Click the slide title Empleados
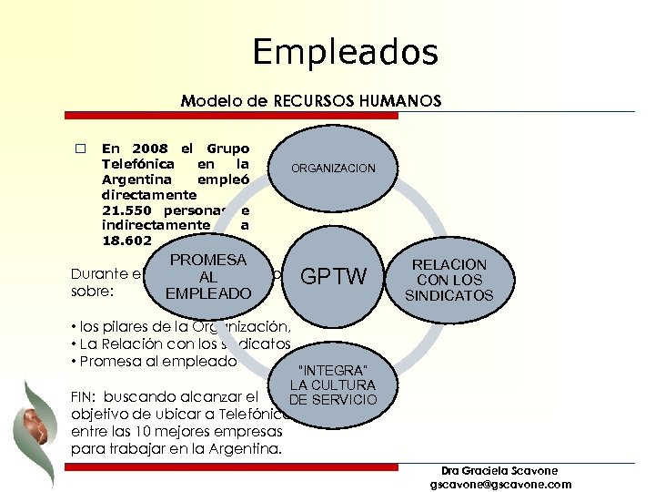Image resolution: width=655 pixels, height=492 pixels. coord(345,52)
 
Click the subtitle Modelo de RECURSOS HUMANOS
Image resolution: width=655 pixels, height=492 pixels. coord(310,100)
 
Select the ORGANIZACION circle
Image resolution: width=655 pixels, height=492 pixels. coord(332,169)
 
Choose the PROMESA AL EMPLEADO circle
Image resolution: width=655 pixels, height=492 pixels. coord(208,277)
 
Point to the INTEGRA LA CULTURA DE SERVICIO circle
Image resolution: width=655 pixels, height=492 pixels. coord(332,384)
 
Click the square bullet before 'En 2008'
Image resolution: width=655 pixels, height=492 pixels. coord(80,149)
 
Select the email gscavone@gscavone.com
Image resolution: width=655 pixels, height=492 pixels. coord(500,484)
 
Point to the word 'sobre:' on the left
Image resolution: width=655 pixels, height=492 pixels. coord(89,293)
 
